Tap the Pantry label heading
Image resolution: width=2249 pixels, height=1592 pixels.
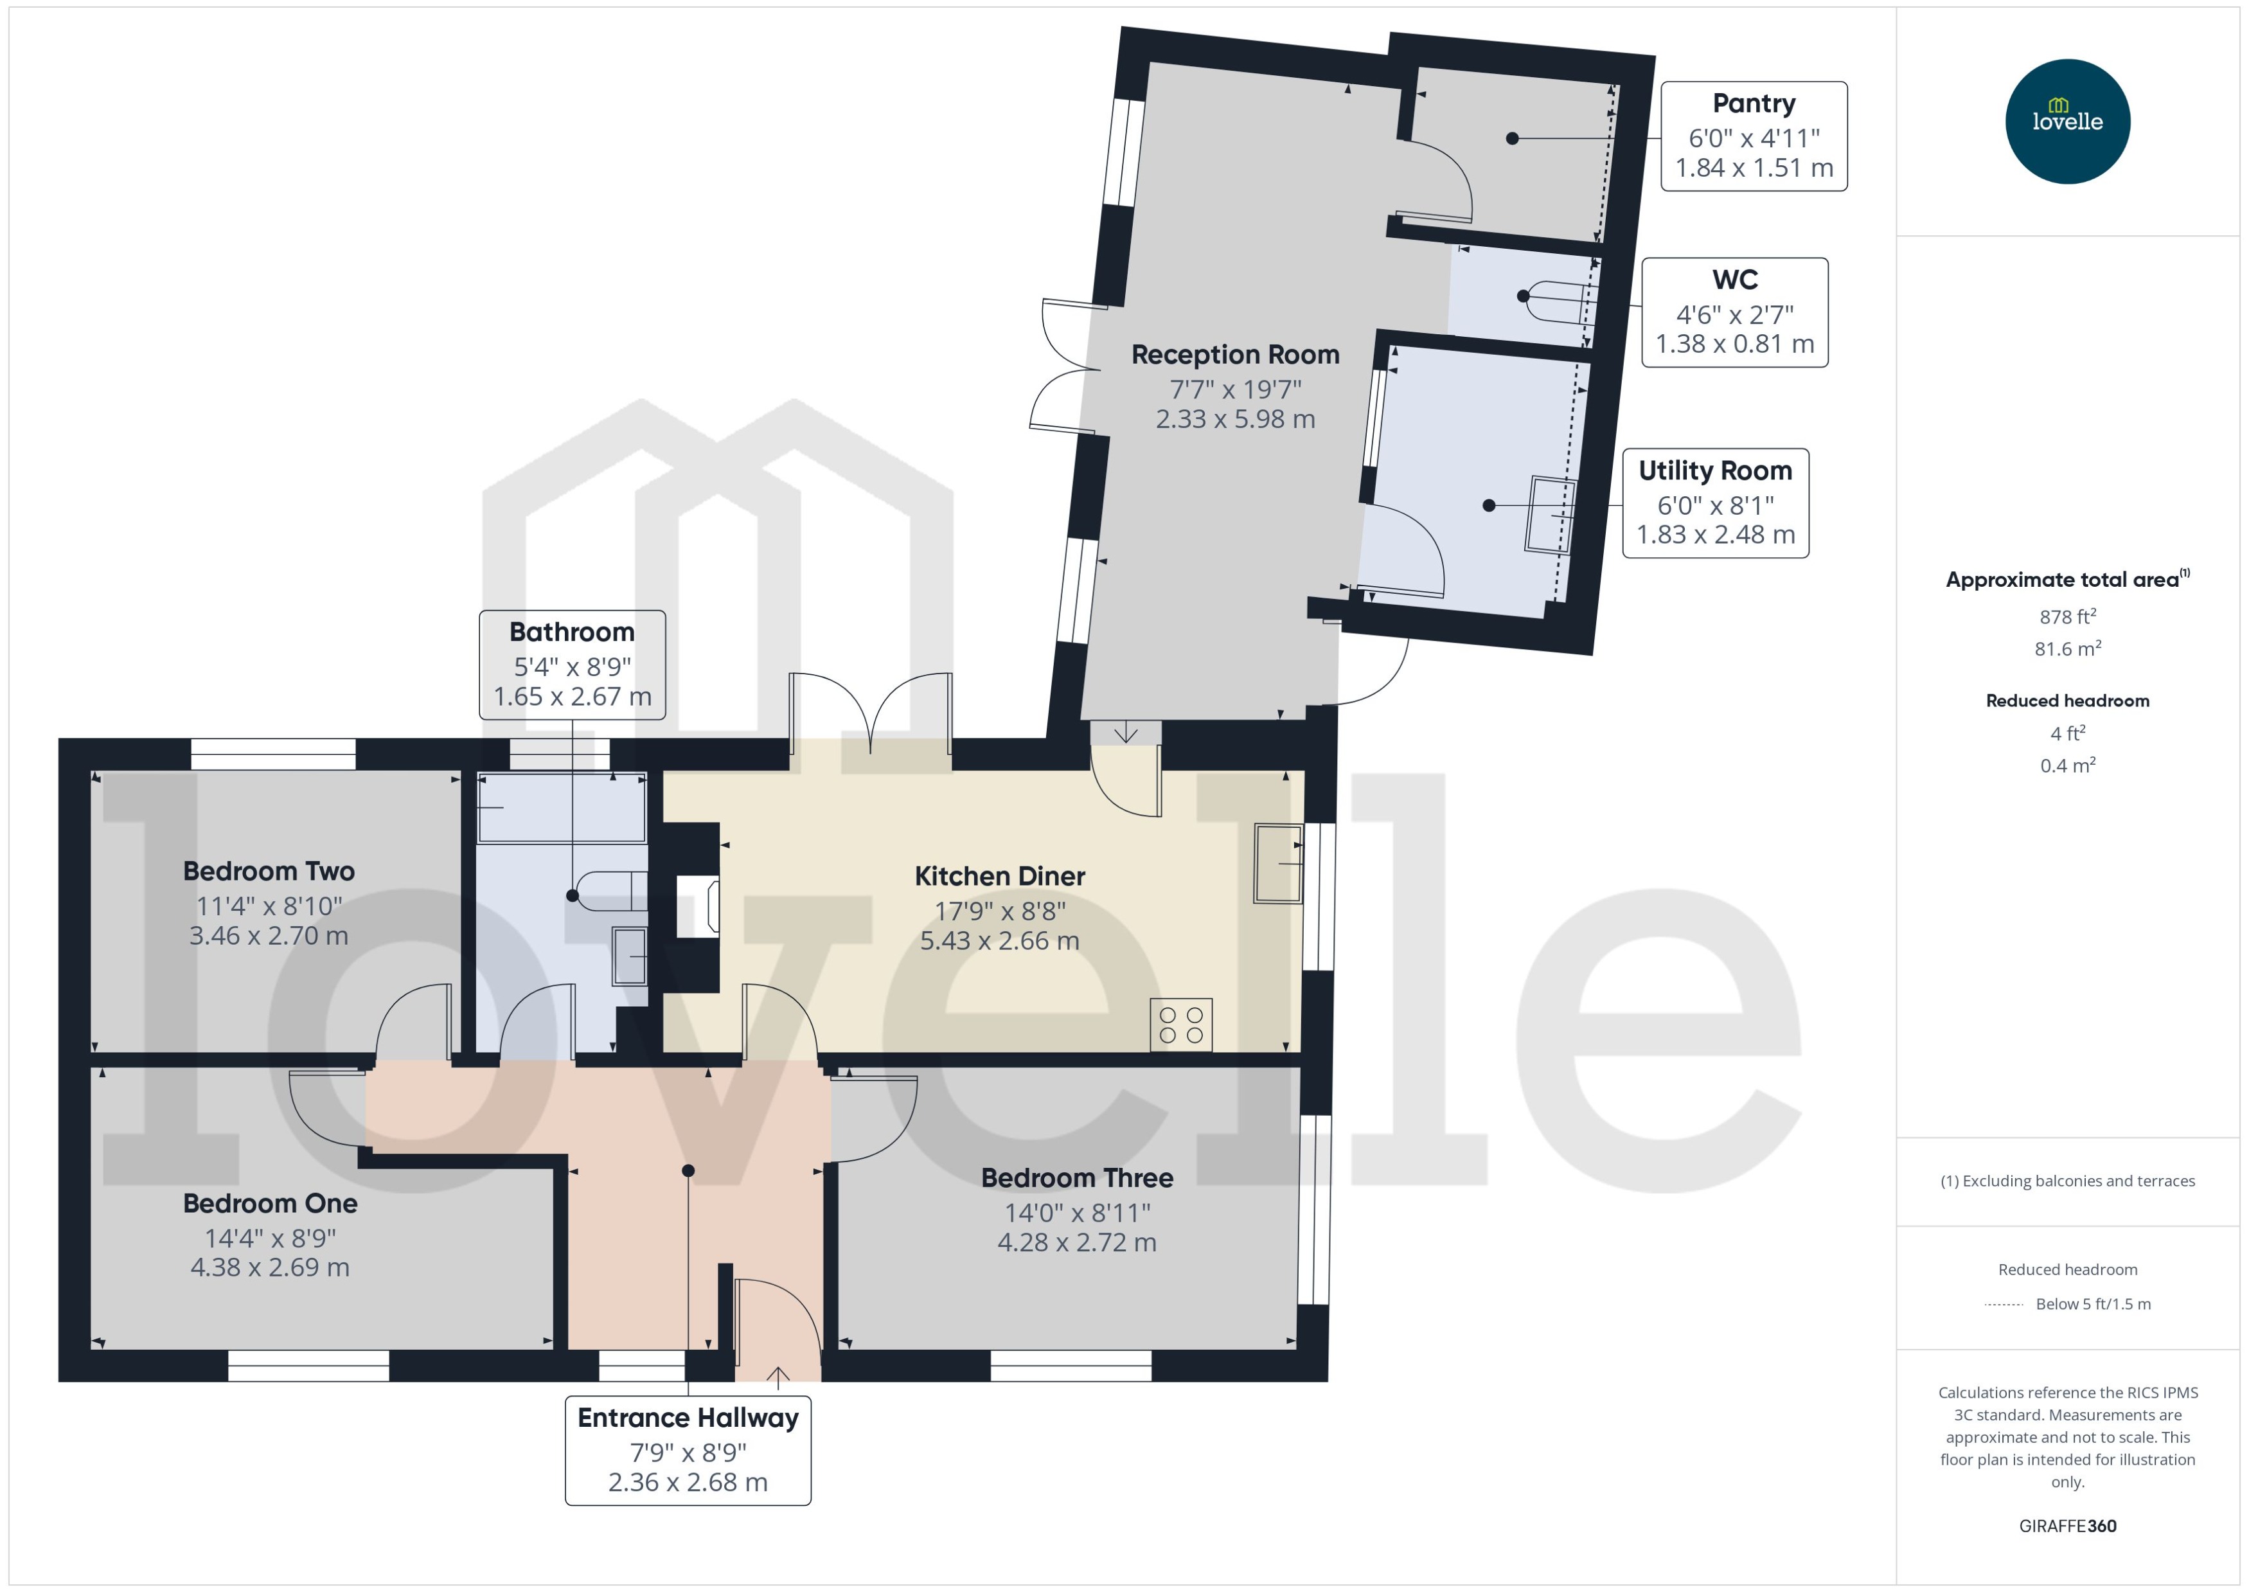(x=1753, y=103)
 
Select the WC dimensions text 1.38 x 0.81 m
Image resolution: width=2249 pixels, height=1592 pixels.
(x=1734, y=344)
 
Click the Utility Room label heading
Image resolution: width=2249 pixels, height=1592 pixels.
(x=1715, y=470)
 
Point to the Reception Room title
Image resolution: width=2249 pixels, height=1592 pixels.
(x=1235, y=355)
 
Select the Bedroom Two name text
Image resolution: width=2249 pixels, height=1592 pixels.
(x=269, y=870)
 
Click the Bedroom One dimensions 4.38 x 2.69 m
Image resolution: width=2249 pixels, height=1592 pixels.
(x=269, y=1267)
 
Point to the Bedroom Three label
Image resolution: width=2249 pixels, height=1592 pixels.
(x=1077, y=1177)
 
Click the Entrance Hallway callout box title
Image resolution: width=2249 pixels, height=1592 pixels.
(x=688, y=1418)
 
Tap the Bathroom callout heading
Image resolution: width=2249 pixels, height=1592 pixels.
(x=571, y=631)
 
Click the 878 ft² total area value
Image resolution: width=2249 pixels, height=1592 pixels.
(x=2067, y=616)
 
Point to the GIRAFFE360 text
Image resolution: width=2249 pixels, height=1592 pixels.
(x=2067, y=1525)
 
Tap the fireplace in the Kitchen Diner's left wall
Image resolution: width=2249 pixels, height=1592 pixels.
(x=698, y=906)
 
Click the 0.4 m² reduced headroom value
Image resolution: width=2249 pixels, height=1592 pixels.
(x=2067, y=765)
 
